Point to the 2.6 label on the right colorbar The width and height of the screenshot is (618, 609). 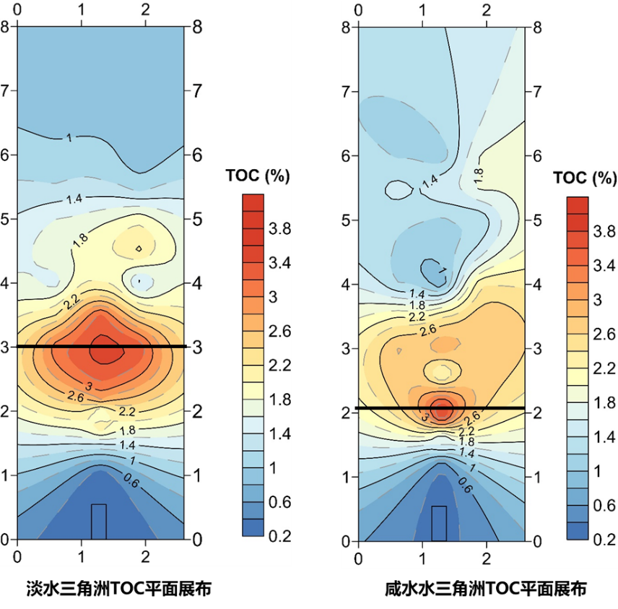click(606, 332)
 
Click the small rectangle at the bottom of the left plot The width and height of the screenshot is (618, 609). click(99, 521)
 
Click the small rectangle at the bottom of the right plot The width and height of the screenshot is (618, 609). click(439, 523)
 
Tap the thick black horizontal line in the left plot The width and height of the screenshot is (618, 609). click(101, 347)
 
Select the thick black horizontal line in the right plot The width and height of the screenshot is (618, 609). click(440, 409)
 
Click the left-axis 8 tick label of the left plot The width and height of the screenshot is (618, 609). click(7, 27)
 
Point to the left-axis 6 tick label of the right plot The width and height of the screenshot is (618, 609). click(347, 156)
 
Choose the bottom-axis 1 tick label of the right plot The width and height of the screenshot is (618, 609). click(422, 558)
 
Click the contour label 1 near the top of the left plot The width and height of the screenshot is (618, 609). click(69, 137)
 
